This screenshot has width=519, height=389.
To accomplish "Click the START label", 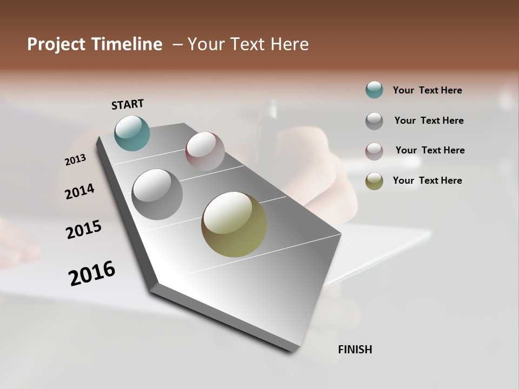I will [128, 104].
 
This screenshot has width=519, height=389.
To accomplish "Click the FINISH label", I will [355, 350].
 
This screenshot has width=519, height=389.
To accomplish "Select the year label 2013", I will [75, 160].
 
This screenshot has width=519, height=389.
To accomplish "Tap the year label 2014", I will [79, 191].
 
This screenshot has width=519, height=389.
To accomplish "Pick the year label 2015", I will [84, 230].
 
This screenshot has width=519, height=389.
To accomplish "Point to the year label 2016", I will [92, 273].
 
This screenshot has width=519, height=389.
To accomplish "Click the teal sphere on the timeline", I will [132, 133].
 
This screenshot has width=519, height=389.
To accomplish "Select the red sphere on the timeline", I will [205, 151].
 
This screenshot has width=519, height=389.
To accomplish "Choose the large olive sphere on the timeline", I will [234, 224].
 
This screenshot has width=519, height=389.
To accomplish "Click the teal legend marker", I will [374, 90].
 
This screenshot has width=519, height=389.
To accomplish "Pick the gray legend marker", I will [374, 121].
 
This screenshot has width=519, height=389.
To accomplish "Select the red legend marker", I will [374, 151].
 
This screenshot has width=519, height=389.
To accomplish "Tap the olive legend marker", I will [374, 181].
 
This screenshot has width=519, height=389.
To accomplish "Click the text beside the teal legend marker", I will [427, 90].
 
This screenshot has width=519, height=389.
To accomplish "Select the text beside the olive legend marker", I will [427, 180].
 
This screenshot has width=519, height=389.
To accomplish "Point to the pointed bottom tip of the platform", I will [292, 350].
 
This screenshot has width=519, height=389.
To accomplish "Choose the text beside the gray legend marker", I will [429, 120].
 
